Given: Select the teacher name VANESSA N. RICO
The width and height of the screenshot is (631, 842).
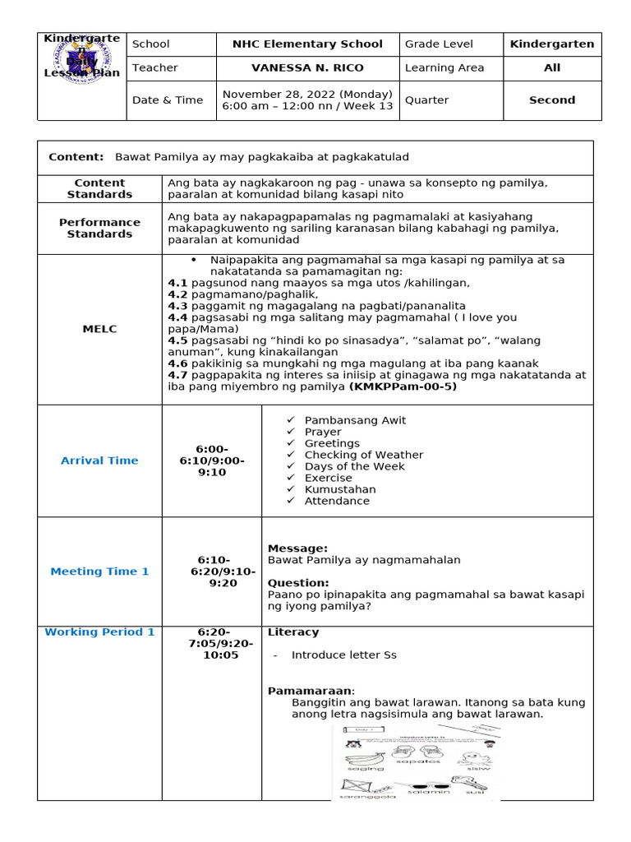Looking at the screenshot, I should (x=307, y=67).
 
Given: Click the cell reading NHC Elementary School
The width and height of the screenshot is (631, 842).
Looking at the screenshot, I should (x=307, y=44).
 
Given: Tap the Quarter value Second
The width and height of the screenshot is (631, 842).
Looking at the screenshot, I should (x=551, y=100).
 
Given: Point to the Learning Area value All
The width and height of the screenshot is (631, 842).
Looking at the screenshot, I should (x=551, y=67).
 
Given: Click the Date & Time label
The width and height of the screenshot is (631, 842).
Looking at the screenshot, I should (x=167, y=100).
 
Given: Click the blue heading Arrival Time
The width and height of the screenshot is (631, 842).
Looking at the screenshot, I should (x=99, y=460).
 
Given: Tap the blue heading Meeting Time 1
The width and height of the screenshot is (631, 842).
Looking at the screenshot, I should (x=99, y=571).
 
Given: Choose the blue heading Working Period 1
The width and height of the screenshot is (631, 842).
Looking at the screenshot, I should (x=99, y=632).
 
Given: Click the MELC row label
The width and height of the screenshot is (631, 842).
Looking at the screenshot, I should (x=99, y=329).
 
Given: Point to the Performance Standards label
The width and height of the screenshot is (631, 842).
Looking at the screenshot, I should (x=99, y=228).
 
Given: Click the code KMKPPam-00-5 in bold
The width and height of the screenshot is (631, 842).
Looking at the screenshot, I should (x=403, y=386).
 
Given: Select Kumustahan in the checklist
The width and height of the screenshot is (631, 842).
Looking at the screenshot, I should (x=340, y=489).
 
